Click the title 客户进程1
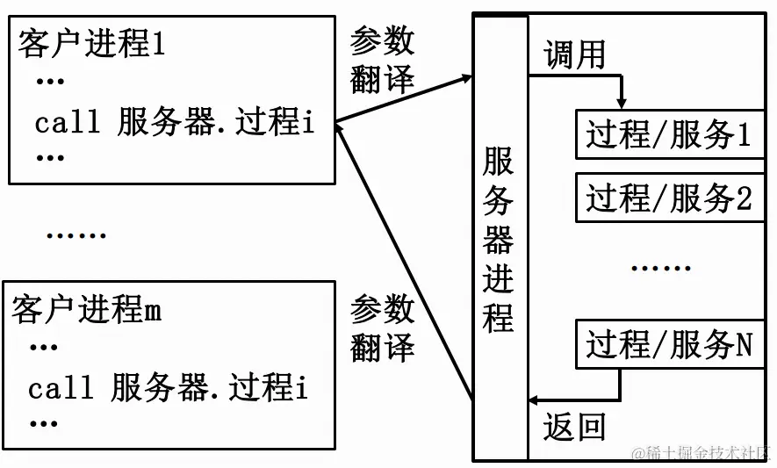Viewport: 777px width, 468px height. [x=91, y=45]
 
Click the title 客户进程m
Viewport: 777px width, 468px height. [x=87, y=310]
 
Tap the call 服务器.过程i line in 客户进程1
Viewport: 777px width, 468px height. [x=174, y=123]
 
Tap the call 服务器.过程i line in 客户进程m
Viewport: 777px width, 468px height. [x=168, y=388]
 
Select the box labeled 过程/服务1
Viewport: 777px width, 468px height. [x=669, y=135]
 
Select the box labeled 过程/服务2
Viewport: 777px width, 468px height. [x=669, y=198]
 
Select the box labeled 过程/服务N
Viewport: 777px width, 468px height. [x=669, y=344]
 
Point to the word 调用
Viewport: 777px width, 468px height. [x=574, y=54]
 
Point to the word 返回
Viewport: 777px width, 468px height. [x=574, y=427]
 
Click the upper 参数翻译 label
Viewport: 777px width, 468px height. [x=382, y=60]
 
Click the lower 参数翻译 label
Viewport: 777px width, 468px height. [x=382, y=327]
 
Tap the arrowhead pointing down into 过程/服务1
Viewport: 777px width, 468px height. [x=622, y=104]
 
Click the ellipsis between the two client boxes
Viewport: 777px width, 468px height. [x=76, y=235]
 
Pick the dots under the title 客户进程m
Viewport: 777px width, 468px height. [x=43, y=349]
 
